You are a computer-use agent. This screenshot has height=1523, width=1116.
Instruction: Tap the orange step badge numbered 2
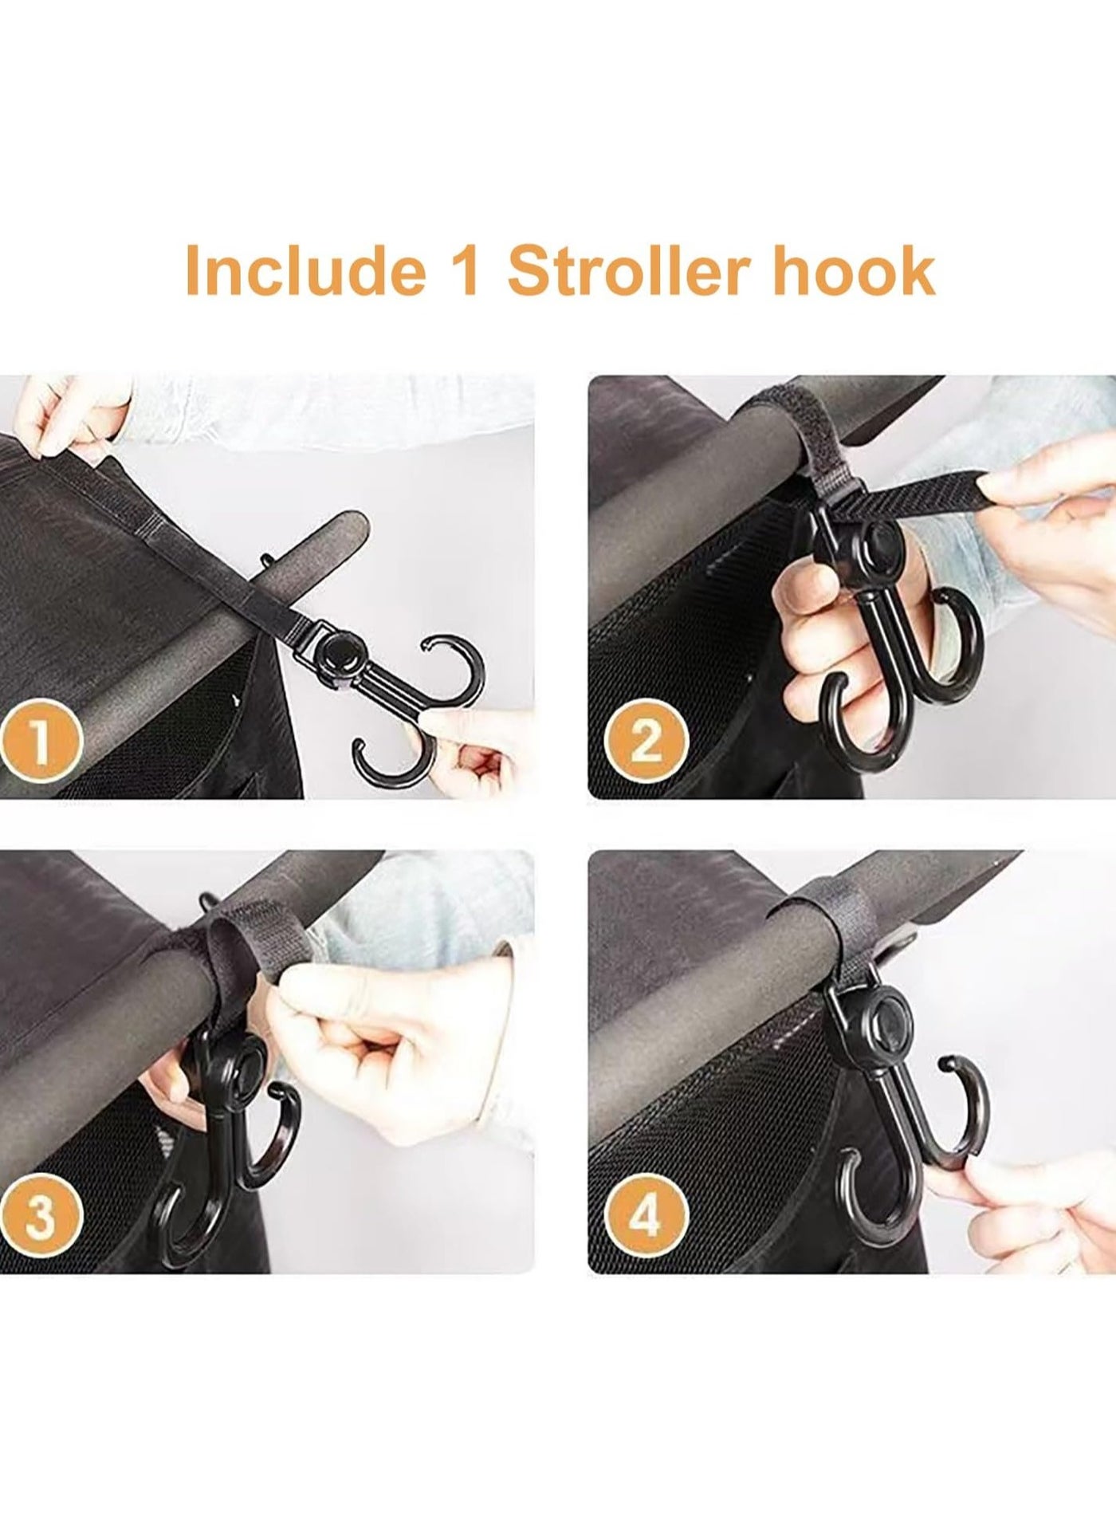click(x=646, y=742)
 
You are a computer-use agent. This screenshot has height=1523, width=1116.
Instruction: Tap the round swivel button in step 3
click(x=253, y=1067)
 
